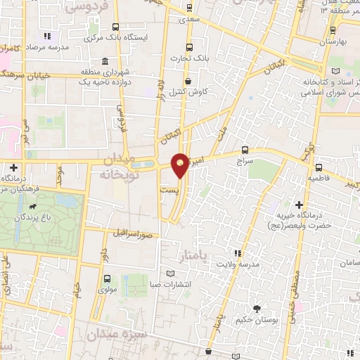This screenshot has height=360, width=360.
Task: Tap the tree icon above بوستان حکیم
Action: (256, 309)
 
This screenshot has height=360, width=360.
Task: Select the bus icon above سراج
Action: (245, 150)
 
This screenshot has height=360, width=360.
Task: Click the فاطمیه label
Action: (319, 179)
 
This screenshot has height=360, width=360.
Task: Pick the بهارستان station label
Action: (334, 43)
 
